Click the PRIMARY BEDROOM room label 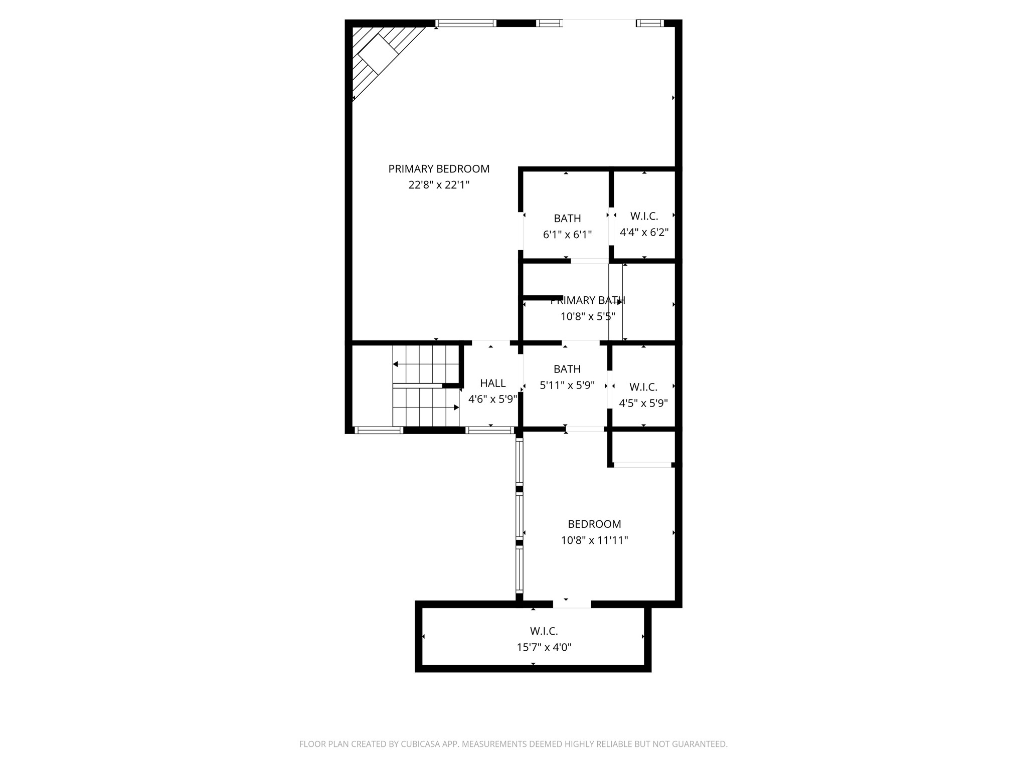439,169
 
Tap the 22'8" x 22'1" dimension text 439,185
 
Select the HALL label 492,383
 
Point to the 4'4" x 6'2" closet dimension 644,233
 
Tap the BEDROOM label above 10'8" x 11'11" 594,524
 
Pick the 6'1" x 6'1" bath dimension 567,235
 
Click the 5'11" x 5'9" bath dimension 567,386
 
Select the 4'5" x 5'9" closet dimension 643,403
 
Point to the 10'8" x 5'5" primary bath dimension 588,317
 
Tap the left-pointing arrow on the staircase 396,364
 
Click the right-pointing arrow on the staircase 456,408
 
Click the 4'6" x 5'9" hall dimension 492,400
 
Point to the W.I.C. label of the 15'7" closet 544,632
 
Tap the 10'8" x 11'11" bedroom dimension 594,540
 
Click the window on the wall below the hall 490,430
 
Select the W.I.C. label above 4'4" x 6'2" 644,217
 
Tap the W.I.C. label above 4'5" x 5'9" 643,387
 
